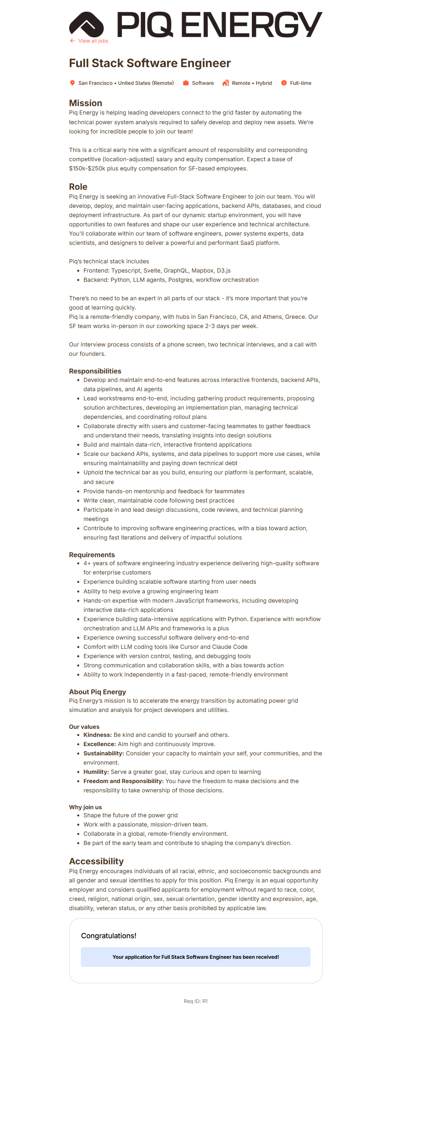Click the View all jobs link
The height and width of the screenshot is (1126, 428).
[93, 41]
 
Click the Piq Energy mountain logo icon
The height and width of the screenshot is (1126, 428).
[86, 24]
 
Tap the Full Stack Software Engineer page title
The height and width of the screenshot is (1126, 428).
[150, 64]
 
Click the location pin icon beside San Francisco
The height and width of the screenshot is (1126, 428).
[72, 83]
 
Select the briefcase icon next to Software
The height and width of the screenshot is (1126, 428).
[186, 83]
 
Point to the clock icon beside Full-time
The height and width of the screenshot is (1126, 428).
[284, 83]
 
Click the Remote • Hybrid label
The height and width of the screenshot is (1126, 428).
[251, 83]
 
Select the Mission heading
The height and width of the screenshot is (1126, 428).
[86, 103]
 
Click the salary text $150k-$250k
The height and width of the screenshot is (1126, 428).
[87, 169]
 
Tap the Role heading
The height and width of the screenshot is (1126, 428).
[78, 187]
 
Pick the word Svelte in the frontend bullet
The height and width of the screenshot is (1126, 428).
[152, 271]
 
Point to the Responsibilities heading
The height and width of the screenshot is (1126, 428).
[95, 371]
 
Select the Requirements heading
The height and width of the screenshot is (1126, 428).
[92, 555]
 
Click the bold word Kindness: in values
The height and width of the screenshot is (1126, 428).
[97, 735]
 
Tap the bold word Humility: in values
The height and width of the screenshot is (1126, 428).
[96, 772]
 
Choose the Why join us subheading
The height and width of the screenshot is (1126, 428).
[85, 807]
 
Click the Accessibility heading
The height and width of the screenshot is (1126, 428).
[96, 861]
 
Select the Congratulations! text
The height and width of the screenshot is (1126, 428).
[109, 936]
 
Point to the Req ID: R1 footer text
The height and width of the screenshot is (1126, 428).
[195, 1001]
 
